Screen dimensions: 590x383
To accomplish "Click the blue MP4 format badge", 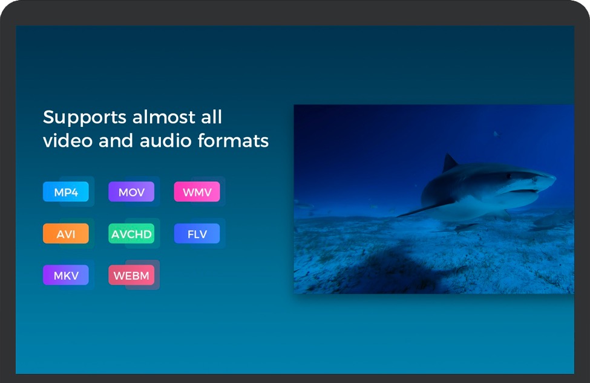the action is (66, 192).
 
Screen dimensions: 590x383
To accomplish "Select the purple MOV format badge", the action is (131, 192).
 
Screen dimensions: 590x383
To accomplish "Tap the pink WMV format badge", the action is (197, 192).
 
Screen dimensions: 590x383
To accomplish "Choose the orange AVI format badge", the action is (66, 234).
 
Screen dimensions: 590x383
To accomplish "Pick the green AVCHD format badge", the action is (131, 234).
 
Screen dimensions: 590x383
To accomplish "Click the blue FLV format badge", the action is (197, 234).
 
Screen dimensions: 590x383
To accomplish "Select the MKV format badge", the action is (66, 275).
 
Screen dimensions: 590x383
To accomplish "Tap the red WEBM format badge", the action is (131, 275).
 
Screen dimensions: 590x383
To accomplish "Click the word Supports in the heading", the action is (85, 118).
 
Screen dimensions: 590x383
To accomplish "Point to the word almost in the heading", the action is (164, 117).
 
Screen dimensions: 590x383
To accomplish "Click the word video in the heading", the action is (68, 140).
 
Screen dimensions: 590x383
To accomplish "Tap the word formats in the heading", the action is (234, 140).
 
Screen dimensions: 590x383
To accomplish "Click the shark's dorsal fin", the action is (450, 163).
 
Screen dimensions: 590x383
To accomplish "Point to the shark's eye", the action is (509, 175).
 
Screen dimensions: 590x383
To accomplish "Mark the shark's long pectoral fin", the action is (425, 208).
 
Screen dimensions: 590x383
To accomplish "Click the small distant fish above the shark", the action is (497, 134).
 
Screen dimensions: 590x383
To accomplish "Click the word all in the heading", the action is (211, 117).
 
